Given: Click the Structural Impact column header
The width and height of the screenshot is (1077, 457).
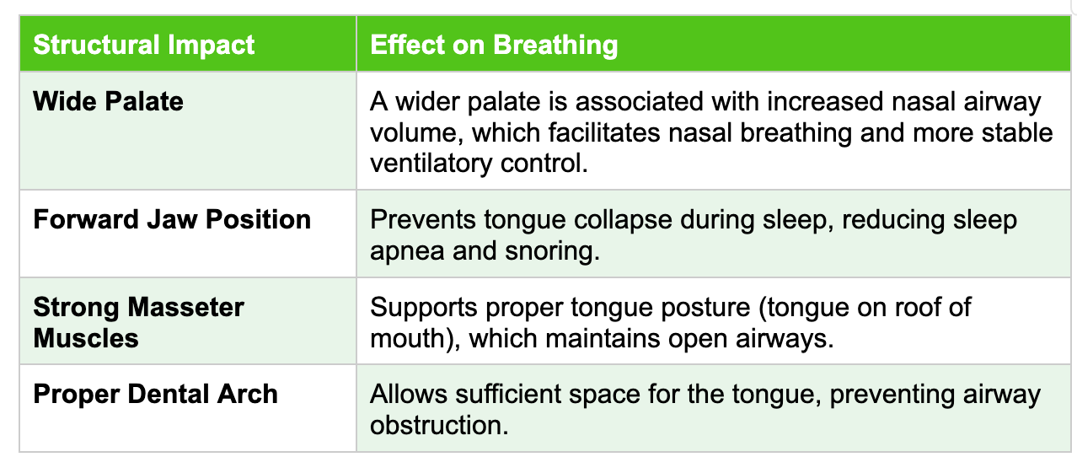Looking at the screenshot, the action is [x=144, y=45].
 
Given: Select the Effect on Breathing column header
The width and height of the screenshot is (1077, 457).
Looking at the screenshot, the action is [x=494, y=45].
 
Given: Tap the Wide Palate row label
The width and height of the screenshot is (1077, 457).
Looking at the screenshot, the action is [x=108, y=101].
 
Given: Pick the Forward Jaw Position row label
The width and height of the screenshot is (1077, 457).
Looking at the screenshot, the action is [x=172, y=219].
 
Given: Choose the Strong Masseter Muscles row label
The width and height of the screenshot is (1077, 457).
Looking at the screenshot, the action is [x=138, y=322].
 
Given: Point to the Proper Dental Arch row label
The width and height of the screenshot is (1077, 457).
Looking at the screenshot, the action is [x=155, y=394].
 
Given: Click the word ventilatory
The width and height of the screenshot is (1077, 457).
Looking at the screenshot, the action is [x=431, y=163].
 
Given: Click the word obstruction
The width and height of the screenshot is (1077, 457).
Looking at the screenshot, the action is [x=439, y=425].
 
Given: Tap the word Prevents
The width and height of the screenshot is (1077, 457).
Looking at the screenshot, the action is [x=423, y=220].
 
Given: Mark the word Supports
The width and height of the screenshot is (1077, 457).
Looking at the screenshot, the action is [x=424, y=308].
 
